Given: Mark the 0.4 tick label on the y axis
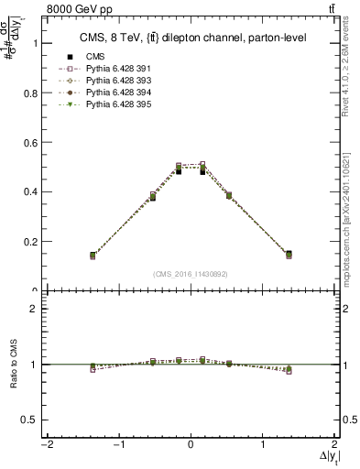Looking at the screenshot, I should point(30,191).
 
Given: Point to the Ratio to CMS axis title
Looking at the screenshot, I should point(12,365).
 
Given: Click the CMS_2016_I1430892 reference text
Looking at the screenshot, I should point(191,273).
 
